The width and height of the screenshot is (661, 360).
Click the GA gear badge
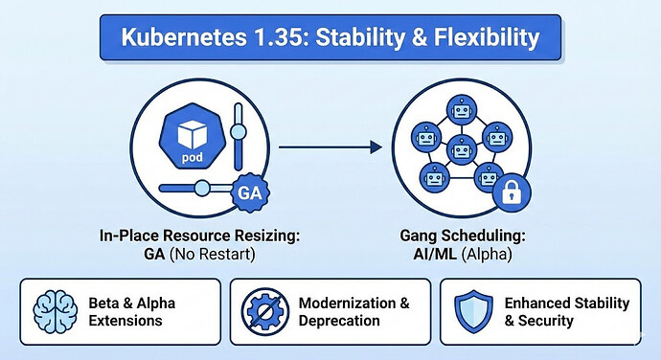coord(249,192)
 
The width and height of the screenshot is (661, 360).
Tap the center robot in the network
coord(462,150)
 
